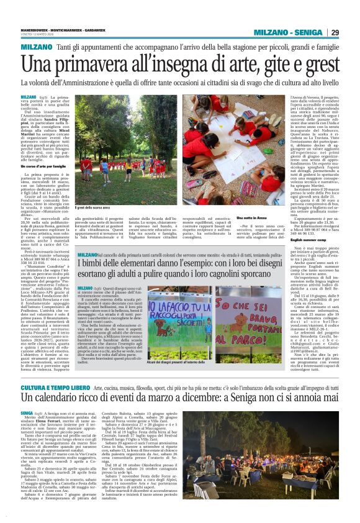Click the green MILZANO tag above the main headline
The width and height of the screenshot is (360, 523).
point(36,47)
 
